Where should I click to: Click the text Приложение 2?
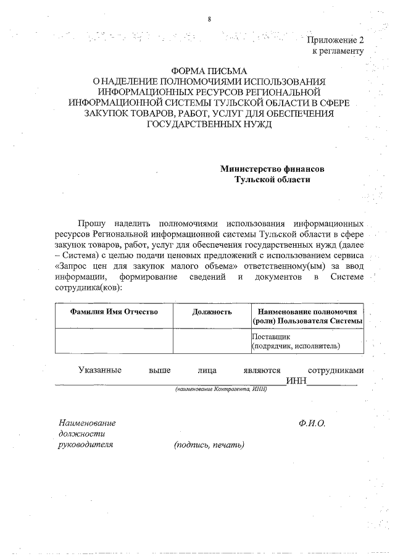336,40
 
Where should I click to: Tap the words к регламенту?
338,51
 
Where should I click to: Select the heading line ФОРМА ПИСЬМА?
209,70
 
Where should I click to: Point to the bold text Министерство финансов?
272,169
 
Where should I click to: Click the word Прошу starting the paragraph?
91,222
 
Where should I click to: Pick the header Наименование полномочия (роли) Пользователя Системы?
307,316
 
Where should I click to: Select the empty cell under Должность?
212,342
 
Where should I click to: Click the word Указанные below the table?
99,370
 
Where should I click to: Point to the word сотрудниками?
336,370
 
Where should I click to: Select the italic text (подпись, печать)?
209,445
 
